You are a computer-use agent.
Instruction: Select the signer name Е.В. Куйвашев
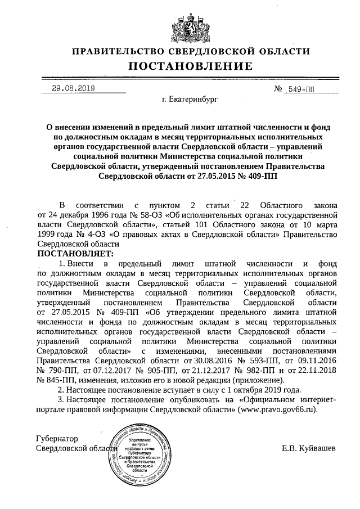309,449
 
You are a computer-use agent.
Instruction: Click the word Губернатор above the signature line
56,438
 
